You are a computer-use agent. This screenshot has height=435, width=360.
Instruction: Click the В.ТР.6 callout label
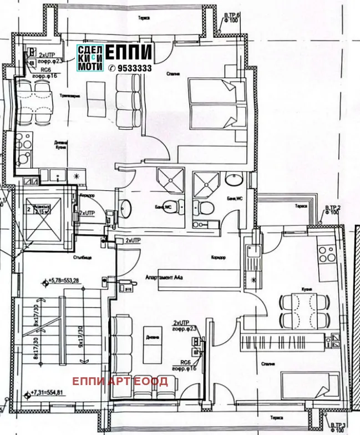tap(231, 16)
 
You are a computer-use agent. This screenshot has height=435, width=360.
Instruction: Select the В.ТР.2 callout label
tap(332, 210)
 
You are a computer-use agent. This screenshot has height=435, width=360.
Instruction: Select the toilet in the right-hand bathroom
tap(206, 209)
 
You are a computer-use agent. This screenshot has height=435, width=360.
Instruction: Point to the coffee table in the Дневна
tap(146, 349)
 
